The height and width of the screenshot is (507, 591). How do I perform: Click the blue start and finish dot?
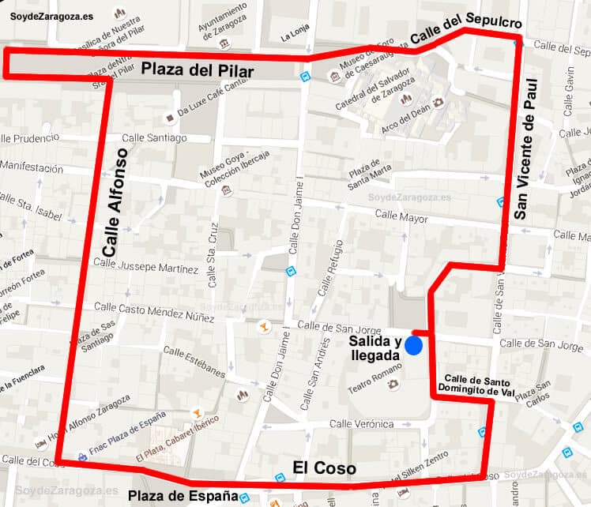413,346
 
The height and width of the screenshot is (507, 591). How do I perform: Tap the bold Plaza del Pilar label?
198,71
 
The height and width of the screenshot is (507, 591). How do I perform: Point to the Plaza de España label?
183,496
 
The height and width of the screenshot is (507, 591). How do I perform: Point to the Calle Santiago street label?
154,137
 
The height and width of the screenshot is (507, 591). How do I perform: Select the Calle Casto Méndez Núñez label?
154,311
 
